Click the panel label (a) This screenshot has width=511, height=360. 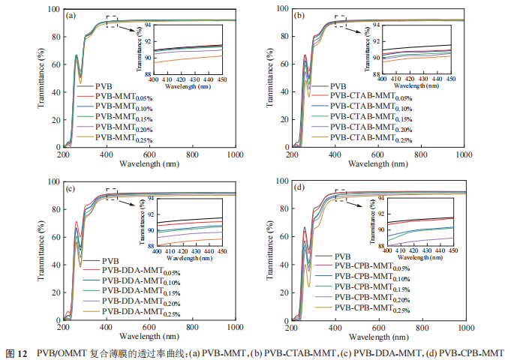71,15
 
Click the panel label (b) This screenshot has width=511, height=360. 300,14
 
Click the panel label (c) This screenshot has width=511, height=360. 70,187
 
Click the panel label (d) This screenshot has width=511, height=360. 300,187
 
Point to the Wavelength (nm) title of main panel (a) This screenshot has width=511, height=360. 149,163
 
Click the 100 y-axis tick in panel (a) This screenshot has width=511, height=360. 54,10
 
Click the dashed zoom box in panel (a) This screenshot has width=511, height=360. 112,21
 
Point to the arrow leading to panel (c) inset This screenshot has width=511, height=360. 130,201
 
